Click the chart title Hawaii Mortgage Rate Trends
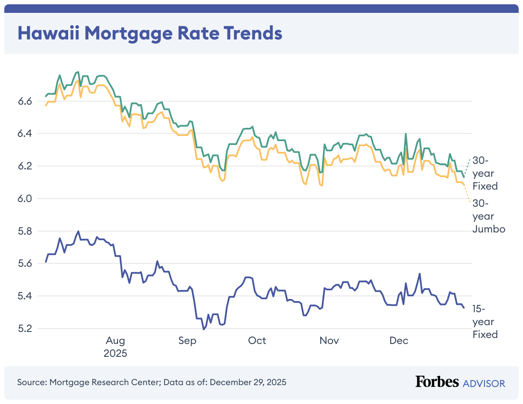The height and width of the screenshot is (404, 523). [150, 33]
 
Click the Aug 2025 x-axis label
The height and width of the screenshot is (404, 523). [116, 347]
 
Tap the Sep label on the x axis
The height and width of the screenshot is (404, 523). [187, 341]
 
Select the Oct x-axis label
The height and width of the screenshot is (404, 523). [257, 341]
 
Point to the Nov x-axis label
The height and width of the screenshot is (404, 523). [329, 341]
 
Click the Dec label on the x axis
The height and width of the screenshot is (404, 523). [399, 341]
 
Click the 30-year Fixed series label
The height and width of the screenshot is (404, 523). [485, 173]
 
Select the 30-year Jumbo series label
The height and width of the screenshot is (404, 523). [489, 216]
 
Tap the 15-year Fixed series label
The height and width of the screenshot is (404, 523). [485, 322]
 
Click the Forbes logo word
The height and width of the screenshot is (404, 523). [436, 382]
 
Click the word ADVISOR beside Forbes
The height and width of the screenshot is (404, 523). [484, 383]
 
